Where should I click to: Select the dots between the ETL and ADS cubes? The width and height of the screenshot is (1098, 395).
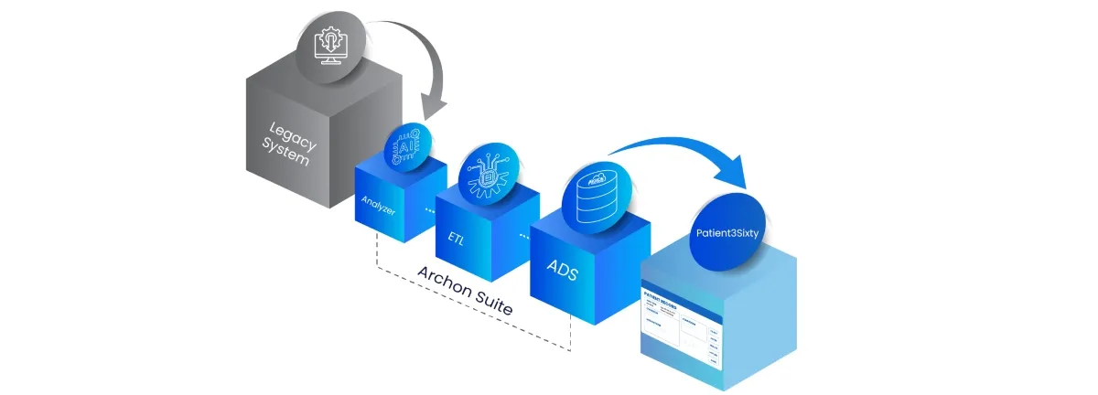(524, 236)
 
